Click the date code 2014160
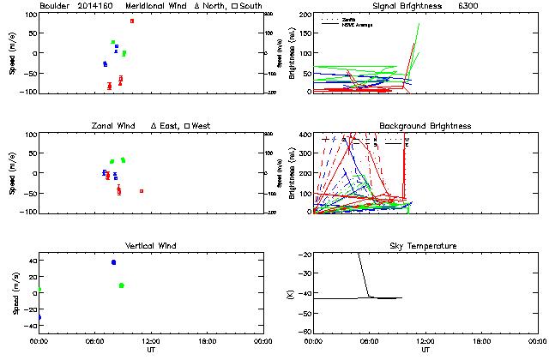pyautogui.click(x=94, y=6)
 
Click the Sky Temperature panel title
pyautogui.click(x=426, y=246)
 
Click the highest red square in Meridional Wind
pyautogui.click(x=131, y=21)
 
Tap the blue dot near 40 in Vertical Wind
pyautogui.click(x=113, y=262)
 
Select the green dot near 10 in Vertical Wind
pyautogui.click(x=122, y=285)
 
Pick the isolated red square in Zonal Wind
pyautogui.click(x=142, y=191)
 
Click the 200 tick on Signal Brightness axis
pyautogui.click(x=306, y=15)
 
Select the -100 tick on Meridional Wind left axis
pyautogui.click(x=27, y=92)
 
